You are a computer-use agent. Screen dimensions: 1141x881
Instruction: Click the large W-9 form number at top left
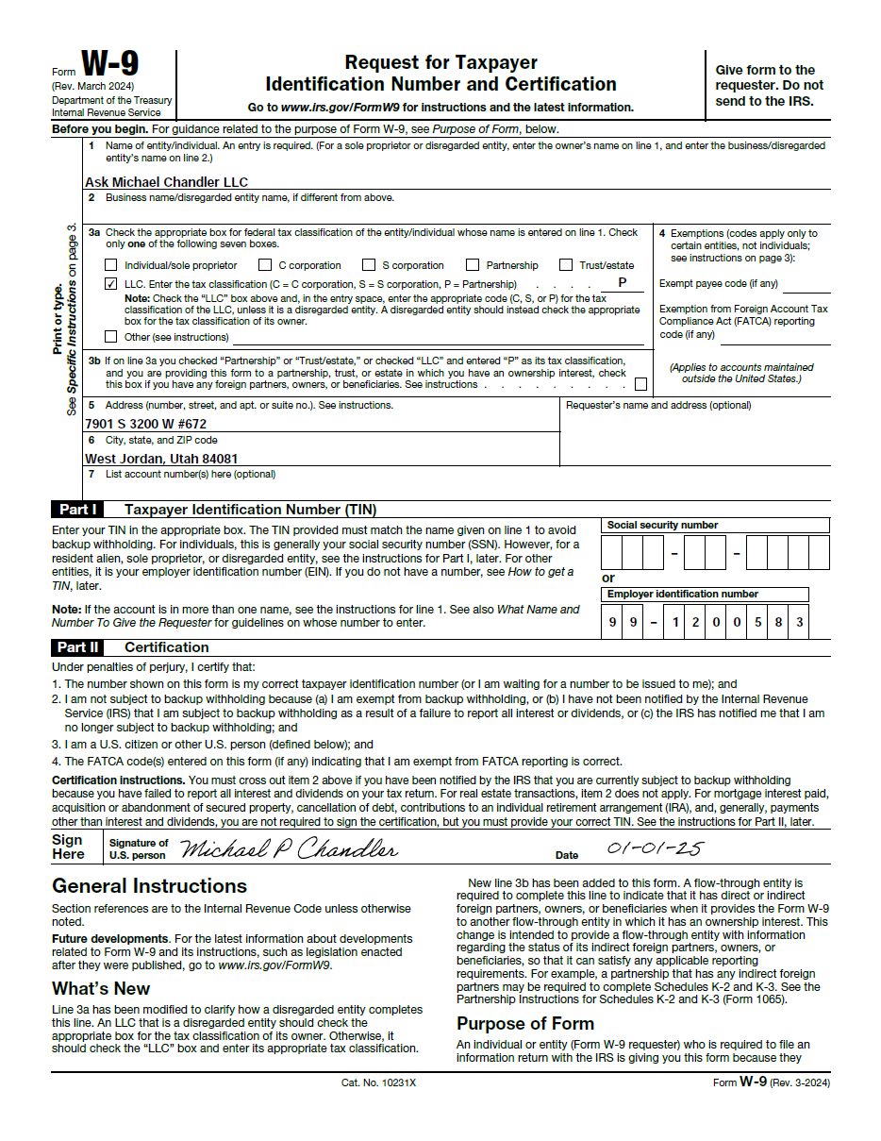coord(109,64)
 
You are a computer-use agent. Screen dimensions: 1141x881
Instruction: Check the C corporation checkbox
coord(265,265)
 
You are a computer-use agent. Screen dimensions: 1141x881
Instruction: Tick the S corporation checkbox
coord(369,265)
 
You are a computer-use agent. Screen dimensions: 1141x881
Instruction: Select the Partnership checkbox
coord(474,265)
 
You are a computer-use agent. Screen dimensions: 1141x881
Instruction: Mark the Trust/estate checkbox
coord(566,265)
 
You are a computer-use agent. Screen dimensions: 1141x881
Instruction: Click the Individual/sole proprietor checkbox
coord(111,265)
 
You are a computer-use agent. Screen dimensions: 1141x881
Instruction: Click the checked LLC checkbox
coord(111,284)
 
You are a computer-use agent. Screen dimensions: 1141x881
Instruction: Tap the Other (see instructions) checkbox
coord(111,337)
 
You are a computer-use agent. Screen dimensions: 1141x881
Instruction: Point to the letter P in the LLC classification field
coord(623,282)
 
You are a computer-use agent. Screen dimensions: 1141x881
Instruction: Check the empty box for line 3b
coord(641,384)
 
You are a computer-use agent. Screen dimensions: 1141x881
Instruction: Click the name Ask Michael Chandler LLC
coord(166,182)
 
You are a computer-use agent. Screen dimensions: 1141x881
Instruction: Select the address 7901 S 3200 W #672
coord(145,424)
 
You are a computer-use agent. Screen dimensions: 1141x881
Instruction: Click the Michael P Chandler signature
coord(288,849)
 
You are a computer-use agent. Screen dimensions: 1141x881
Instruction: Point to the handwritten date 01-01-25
coord(654,848)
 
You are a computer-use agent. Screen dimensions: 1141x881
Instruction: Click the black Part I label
coord(76,510)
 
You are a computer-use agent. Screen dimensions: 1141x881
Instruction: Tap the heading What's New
coord(101,988)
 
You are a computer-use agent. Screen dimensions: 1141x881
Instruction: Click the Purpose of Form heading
coord(525,1023)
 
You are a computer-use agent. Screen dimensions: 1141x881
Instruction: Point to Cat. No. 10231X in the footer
coord(378,1082)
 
